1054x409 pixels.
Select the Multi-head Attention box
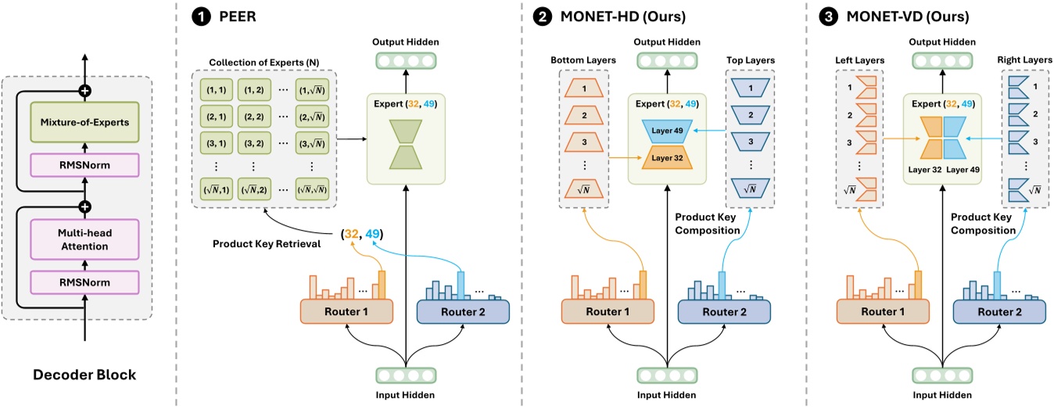pyautogui.click(x=84, y=240)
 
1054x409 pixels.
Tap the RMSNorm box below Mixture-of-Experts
pyautogui.click(x=84, y=167)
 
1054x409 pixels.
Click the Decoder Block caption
pyautogui.click(x=84, y=375)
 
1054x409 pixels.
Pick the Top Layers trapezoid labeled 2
pyautogui.click(x=748, y=116)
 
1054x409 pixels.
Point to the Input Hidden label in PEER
pyautogui.click(x=405, y=395)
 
